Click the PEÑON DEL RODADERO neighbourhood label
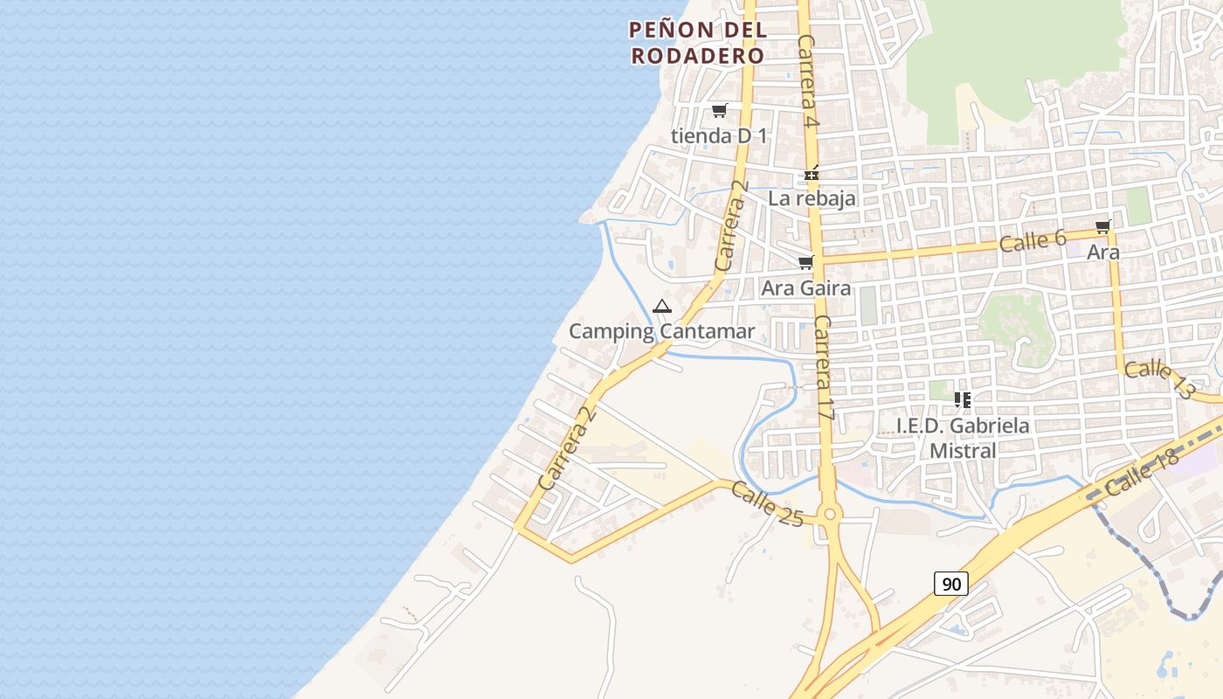(x=697, y=42)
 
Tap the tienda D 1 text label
(x=719, y=135)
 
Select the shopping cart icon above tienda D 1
(x=719, y=111)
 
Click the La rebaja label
(x=812, y=198)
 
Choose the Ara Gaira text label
(x=805, y=287)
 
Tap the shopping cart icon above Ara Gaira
(x=805, y=263)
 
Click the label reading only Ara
(x=1102, y=252)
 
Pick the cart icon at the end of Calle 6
(x=1102, y=227)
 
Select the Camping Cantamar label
(x=661, y=331)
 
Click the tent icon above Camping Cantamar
(x=661, y=307)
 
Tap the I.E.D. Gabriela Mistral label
(x=963, y=438)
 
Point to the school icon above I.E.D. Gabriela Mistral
(x=963, y=400)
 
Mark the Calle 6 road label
(x=1033, y=240)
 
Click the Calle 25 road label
(x=767, y=504)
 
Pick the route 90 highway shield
(x=950, y=583)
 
